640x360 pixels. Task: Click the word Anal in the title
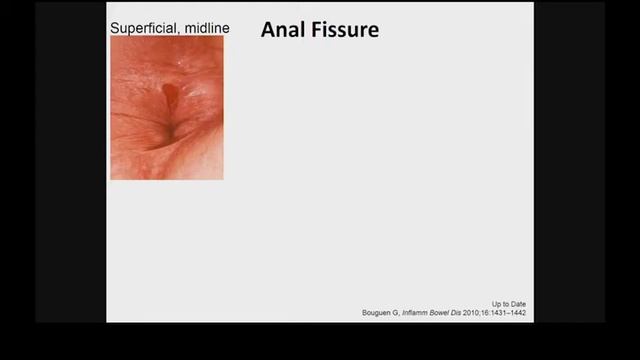(x=280, y=30)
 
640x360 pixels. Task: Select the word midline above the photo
(x=205, y=28)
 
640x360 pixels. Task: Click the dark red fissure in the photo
(x=169, y=96)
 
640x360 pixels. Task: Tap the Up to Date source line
(x=509, y=304)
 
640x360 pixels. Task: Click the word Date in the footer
(x=517, y=304)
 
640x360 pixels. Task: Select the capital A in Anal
(x=268, y=30)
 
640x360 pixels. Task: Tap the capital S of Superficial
(x=114, y=28)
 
